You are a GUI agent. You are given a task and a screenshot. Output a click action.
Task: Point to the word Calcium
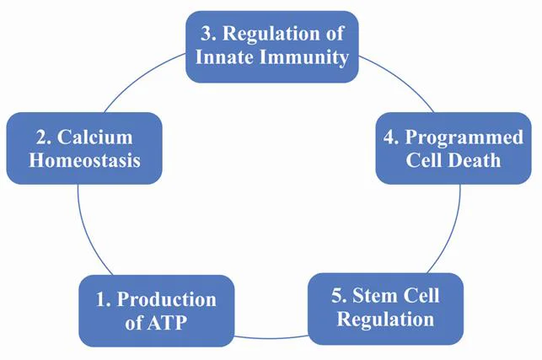click(x=94, y=137)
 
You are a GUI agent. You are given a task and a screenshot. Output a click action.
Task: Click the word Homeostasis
click(x=84, y=160)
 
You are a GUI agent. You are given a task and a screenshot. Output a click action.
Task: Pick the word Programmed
click(x=464, y=138)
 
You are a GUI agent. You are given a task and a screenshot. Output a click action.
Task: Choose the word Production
click(x=167, y=299)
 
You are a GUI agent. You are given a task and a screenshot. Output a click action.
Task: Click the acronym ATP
click(x=167, y=323)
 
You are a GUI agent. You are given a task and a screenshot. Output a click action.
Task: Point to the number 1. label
click(x=104, y=299)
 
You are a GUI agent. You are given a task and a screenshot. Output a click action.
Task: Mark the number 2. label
click(x=44, y=137)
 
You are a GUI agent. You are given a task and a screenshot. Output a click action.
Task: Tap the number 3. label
click(x=208, y=34)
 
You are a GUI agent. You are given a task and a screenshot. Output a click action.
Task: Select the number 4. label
click(x=391, y=137)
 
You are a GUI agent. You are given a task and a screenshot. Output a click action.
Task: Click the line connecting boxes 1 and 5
click(x=271, y=338)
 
